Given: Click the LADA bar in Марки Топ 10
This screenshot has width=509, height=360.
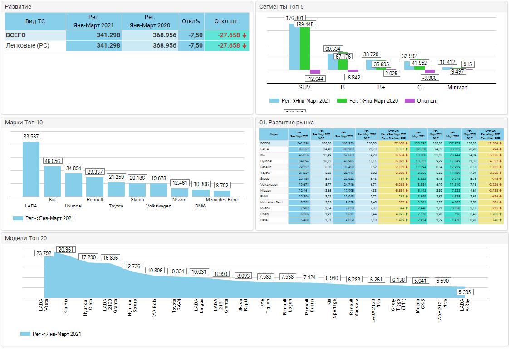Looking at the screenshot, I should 31,169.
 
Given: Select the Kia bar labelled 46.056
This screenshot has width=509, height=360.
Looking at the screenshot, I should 52,181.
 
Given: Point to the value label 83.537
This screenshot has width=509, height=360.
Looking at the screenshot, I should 31,136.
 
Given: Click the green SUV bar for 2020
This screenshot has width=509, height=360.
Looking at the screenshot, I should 305,49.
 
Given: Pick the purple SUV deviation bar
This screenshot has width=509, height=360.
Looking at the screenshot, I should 315,72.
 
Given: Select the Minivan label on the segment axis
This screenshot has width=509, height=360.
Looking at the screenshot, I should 457,87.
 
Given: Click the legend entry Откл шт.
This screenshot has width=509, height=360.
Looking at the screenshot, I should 427,101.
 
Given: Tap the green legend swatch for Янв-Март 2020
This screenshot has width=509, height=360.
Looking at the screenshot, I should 342,101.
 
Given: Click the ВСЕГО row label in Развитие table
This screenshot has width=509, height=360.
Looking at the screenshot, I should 16,35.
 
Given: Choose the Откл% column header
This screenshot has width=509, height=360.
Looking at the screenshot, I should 191,21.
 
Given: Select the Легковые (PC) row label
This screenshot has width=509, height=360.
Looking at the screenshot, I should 27,46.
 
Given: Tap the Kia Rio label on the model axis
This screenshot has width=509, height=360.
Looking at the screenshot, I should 66,305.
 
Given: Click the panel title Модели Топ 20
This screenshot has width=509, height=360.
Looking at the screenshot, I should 26,238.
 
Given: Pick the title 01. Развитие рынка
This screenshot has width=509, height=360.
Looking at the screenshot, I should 286,123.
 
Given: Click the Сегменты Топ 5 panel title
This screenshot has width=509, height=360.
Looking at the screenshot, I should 281,7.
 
